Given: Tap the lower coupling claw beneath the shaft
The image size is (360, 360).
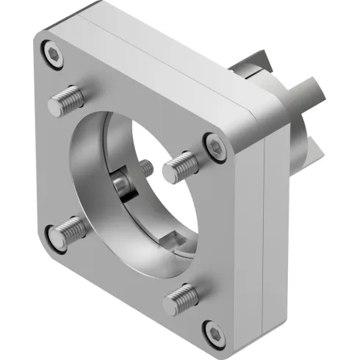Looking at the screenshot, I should pyautogui.click(x=312, y=147).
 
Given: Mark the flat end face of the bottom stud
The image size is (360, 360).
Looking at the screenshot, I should pyautogui.click(x=170, y=301).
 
